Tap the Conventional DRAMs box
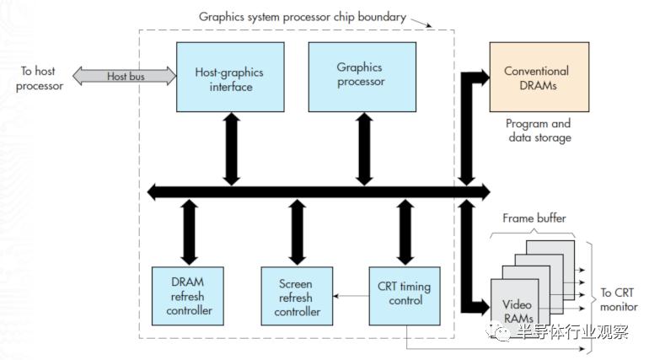click(x=536, y=78)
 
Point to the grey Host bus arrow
click(x=124, y=77)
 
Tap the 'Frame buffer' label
click(x=534, y=218)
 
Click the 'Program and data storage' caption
click(x=538, y=131)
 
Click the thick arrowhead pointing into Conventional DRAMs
click(x=482, y=78)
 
